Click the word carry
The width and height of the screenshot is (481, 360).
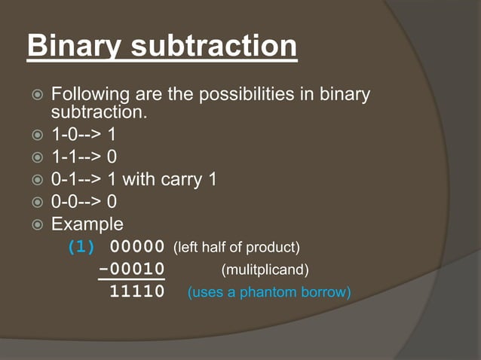tap(177, 180)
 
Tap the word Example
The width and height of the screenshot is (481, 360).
tap(87, 224)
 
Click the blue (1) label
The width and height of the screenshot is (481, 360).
tap(81, 246)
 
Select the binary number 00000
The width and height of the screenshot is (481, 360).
tap(136, 246)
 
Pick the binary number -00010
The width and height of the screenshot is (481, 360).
tap(131, 269)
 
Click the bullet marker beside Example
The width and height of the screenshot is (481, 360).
tap(38, 224)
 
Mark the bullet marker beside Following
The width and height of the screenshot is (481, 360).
tap(38, 96)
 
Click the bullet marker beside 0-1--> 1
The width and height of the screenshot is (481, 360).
tap(38, 180)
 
